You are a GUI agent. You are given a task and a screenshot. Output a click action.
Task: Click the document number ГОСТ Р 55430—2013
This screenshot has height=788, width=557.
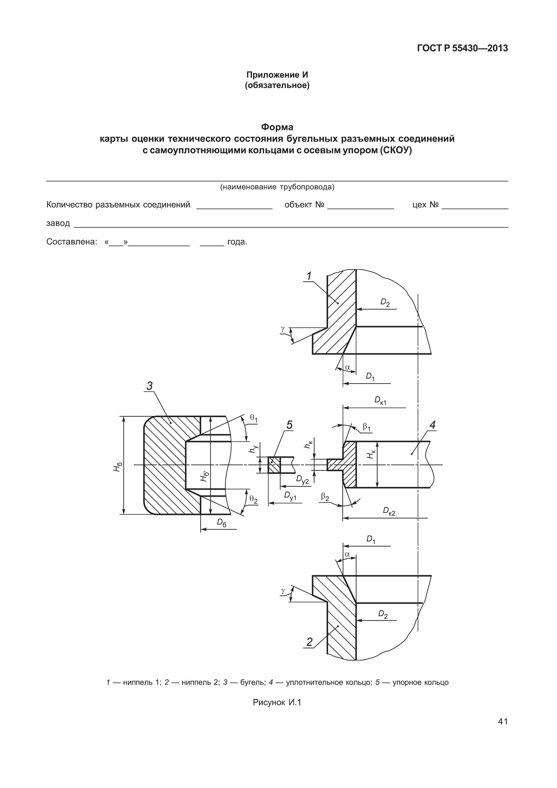(x=462, y=48)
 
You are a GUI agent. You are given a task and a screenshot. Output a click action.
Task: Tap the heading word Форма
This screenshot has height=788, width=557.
(x=277, y=127)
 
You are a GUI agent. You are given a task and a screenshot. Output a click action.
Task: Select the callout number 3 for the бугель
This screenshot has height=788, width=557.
(x=150, y=386)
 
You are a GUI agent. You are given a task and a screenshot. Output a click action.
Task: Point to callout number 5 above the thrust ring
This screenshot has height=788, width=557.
(x=289, y=425)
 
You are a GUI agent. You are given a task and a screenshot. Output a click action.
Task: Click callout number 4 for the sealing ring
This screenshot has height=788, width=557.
(x=433, y=425)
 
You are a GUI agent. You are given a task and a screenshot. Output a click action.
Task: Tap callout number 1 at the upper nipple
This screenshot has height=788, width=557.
(x=309, y=276)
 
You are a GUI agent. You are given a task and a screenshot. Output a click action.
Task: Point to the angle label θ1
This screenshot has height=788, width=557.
(x=254, y=418)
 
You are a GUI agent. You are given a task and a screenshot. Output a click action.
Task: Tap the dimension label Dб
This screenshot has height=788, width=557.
(x=221, y=522)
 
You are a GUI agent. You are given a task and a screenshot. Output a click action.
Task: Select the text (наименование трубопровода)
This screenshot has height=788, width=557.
(x=277, y=187)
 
